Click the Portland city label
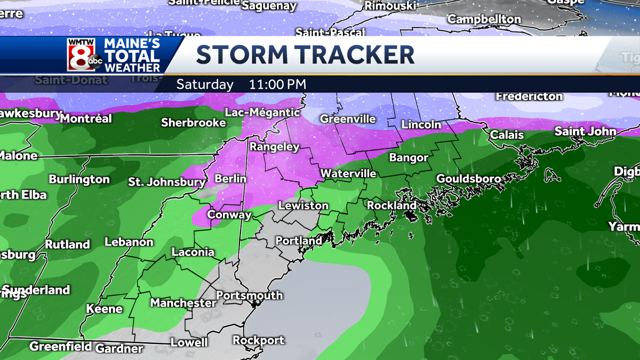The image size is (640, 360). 299,241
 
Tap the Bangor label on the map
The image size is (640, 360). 409,157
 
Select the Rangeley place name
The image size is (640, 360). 275,147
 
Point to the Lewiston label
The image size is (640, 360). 303,205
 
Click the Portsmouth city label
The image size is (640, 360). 249,295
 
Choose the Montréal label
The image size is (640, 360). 86,118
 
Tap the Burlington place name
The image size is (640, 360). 79,179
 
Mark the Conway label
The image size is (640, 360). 229,215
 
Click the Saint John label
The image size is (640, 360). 585,131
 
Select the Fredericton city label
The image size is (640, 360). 529,97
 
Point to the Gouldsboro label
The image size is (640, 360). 469,178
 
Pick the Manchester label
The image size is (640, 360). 183,303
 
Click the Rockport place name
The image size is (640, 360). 259,340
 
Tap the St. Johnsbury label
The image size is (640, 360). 166,182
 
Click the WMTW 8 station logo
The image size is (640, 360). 84,55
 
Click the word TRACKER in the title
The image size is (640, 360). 354,55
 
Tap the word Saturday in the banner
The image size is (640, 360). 205,84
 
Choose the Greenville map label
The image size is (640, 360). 348,119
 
